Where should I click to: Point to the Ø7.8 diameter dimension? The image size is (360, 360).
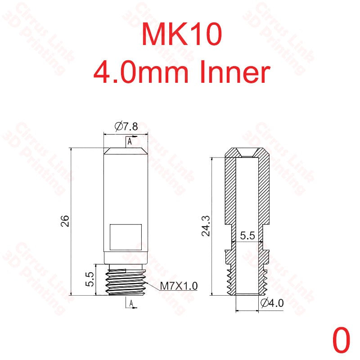click(x=126, y=127)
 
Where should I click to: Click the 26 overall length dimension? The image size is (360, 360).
click(x=66, y=221)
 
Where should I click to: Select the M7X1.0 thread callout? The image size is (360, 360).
click(x=179, y=285)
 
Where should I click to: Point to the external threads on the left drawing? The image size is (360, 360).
click(x=126, y=281)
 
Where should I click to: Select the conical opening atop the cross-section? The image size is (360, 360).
click(x=247, y=153)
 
